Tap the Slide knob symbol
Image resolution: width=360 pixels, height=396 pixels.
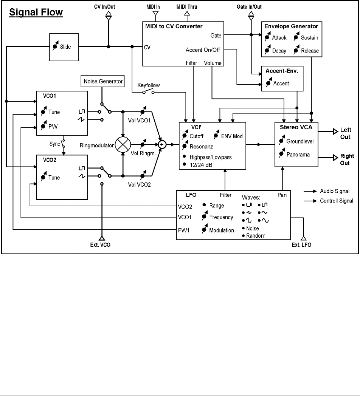[x=55, y=47]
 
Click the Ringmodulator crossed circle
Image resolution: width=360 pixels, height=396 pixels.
[x=123, y=144]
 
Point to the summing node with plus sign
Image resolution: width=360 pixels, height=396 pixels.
[x=163, y=144]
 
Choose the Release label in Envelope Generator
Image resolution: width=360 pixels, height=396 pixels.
[x=310, y=51]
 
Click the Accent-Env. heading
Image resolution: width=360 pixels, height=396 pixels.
[x=282, y=71]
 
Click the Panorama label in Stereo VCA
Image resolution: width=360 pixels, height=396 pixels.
[x=298, y=154]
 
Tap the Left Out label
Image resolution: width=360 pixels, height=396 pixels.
[x=345, y=133]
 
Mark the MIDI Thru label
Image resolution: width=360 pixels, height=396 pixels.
[x=186, y=6]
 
